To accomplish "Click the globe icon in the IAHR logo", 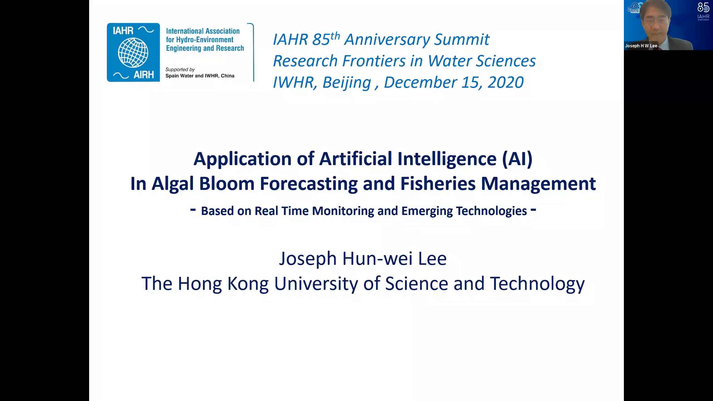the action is coord(133,53).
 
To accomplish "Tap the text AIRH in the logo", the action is coord(144,75).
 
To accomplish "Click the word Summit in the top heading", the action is coord(462,40).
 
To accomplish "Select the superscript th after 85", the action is coord(335,36).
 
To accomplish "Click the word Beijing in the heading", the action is coord(347,83).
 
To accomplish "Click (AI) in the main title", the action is coord(517,159).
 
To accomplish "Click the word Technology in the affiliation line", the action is coord(537,284).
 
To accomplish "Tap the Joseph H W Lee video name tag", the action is coord(641,46).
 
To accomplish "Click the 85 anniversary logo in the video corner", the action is coord(703,11).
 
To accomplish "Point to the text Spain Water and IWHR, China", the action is coord(200,76).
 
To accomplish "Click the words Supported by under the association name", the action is coord(180,70).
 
